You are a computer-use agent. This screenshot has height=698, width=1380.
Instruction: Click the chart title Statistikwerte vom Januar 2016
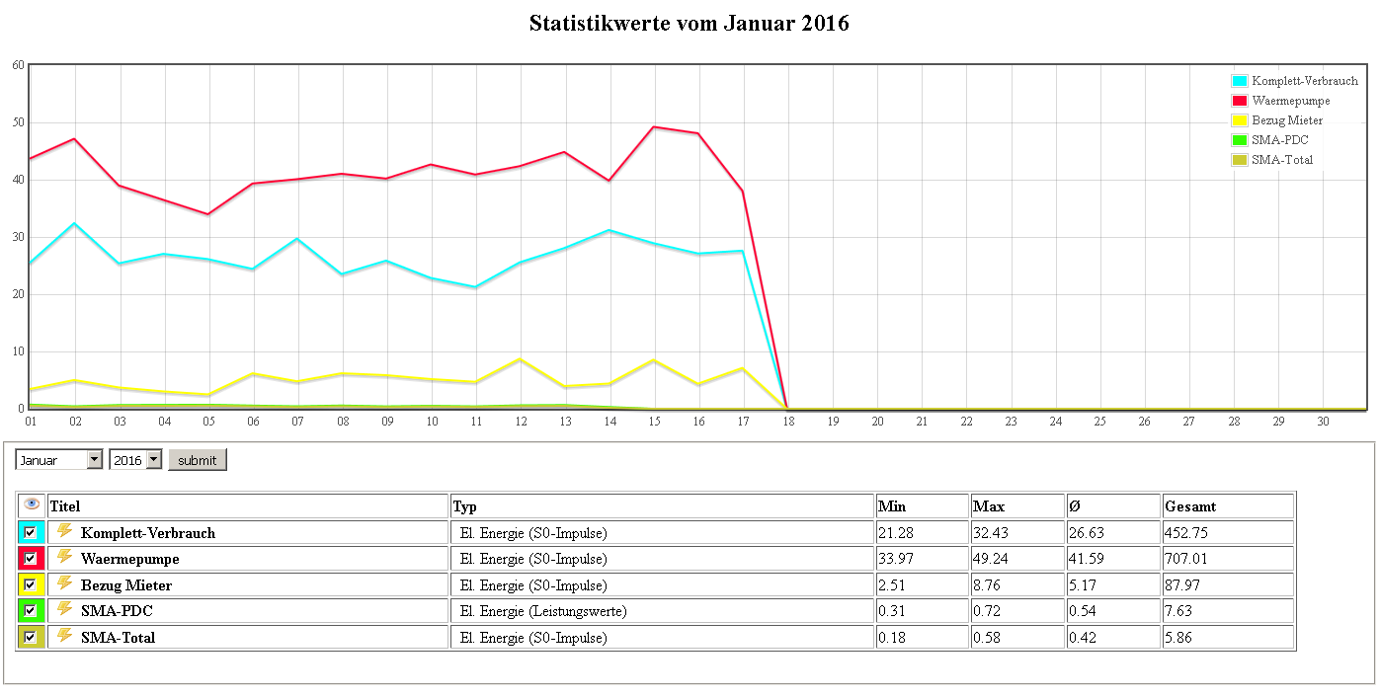click(689, 24)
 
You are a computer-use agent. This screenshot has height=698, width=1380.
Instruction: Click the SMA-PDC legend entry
click(1279, 140)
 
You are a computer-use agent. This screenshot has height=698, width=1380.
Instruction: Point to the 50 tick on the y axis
click(18, 122)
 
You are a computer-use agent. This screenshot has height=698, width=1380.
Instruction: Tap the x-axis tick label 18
click(787, 422)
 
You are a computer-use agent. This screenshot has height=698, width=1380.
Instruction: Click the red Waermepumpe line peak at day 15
click(654, 126)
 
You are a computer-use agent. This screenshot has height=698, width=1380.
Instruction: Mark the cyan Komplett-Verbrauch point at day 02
click(75, 223)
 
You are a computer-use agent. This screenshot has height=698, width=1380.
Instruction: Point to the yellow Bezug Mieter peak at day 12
click(521, 359)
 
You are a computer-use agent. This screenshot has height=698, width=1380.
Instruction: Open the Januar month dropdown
click(59, 460)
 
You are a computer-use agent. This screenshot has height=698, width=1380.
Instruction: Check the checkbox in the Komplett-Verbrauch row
click(31, 532)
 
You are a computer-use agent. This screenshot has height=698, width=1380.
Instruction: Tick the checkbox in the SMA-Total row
click(31, 637)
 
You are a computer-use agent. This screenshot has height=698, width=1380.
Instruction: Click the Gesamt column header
click(1189, 506)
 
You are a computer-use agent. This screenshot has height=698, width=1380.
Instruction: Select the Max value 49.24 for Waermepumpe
click(991, 559)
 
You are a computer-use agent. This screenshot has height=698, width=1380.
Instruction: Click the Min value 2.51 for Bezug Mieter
click(892, 585)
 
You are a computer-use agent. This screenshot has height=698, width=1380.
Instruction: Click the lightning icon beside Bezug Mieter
click(65, 583)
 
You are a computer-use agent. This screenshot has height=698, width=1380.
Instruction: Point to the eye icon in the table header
click(32, 504)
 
